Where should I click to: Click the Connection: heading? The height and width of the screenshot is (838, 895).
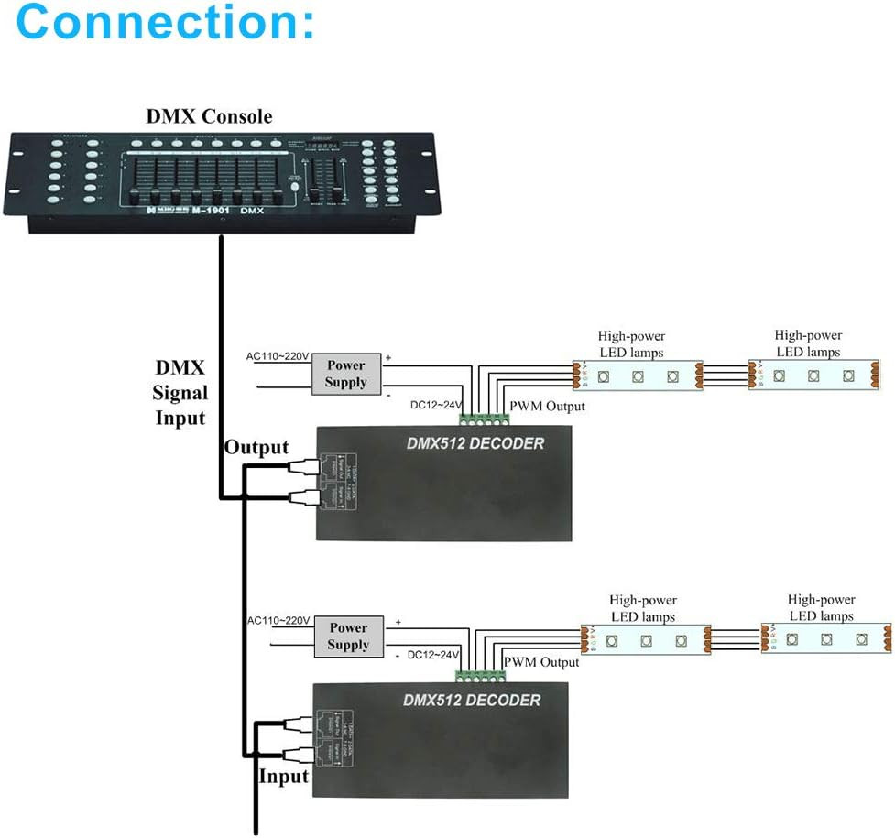coord(165,22)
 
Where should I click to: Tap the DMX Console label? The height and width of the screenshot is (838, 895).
coord(209,116)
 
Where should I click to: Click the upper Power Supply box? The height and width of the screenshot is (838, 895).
coord(345,374)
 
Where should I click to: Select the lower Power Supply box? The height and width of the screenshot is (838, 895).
coord(348,637)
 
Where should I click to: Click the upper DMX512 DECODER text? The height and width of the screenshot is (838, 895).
coord(475,444)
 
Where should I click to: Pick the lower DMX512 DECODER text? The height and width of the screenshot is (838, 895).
coord(472,701)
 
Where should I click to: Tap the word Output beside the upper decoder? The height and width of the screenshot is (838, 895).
coord(256,448)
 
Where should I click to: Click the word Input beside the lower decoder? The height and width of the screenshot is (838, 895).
coord(284,777)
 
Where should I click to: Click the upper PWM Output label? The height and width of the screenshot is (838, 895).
coord(547,405)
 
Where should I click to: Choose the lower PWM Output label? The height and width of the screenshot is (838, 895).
coord(541,661)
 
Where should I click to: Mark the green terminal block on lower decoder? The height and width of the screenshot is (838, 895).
coord(481,676)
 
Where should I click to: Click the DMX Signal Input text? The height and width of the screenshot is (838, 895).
coord(180,393)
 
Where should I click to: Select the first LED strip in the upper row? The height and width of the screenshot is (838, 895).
coord(638,375)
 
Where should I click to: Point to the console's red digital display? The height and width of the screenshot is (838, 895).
coord(324,144)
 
